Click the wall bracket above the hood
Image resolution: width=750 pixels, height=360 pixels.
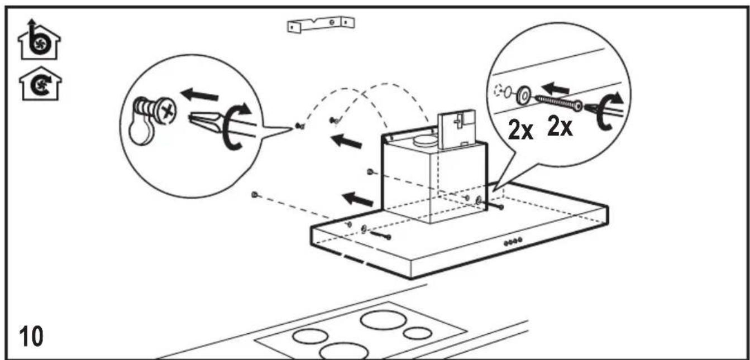point(321,23)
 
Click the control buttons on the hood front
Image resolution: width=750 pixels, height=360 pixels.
point(512,242)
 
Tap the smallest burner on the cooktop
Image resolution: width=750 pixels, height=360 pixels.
point(417,334)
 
